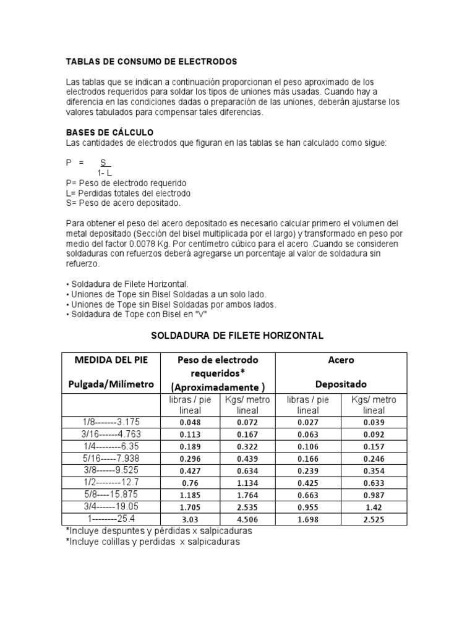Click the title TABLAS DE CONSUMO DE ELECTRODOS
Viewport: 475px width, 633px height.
coord(152,62)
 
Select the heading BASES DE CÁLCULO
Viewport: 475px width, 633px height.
coord(109,133)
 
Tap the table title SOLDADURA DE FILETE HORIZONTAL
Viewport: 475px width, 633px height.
coord(237,336)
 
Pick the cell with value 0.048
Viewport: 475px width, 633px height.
coord(190,422)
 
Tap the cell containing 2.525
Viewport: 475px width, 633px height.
coord(374,520)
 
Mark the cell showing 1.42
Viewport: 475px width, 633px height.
coord(374,508)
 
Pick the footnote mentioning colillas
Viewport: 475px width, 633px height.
coord(152,542)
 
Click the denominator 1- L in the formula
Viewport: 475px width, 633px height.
coord(104,173)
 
